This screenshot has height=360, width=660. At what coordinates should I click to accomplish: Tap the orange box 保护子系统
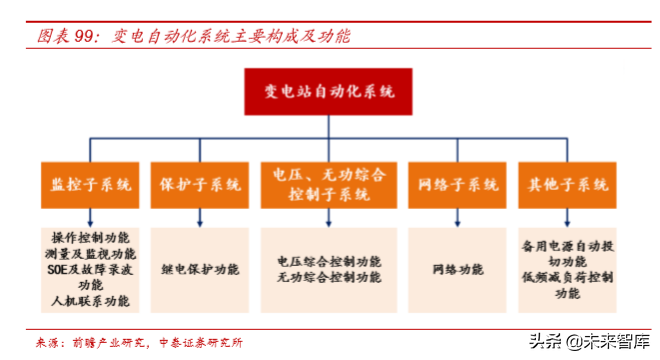point(200,185)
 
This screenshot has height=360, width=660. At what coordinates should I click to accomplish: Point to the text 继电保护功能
point(200,269)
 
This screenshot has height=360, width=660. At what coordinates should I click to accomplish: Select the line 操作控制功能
point(90,238)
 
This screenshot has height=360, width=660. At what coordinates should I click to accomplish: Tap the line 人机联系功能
point(90,300)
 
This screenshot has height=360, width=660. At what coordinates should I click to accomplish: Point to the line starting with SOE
point(90,269)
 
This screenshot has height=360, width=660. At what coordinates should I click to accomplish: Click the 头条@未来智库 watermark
point(594,342)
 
